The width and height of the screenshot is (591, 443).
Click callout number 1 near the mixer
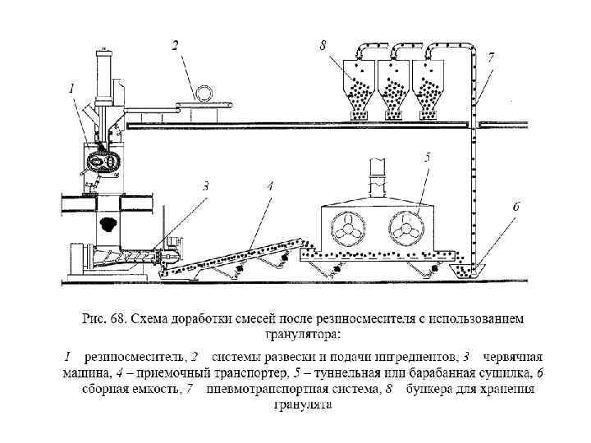click(72, 87)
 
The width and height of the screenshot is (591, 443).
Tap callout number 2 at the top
click(175, 46)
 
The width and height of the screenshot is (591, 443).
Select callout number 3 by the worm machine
click(207, 186)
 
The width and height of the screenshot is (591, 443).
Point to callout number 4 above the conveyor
click(270, 186)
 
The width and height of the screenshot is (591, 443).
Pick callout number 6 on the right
click(515, 208)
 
